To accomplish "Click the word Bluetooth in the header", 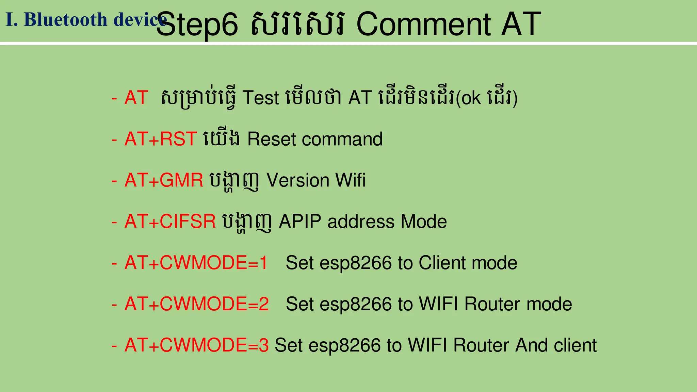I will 65,19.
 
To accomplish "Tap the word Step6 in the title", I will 197,24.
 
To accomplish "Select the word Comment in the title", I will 423,24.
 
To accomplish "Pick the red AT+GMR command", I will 164,180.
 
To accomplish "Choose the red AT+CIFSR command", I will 170,222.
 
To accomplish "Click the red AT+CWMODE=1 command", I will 196,263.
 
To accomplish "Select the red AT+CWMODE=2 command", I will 197,304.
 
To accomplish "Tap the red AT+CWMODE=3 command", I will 197,345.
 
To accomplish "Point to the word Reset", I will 272,139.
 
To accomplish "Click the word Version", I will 298,180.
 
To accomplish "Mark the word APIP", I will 300,222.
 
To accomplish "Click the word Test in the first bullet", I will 260,98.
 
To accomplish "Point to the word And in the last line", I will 531,345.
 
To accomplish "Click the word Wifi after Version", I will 350,180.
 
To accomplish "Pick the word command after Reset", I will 342,139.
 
